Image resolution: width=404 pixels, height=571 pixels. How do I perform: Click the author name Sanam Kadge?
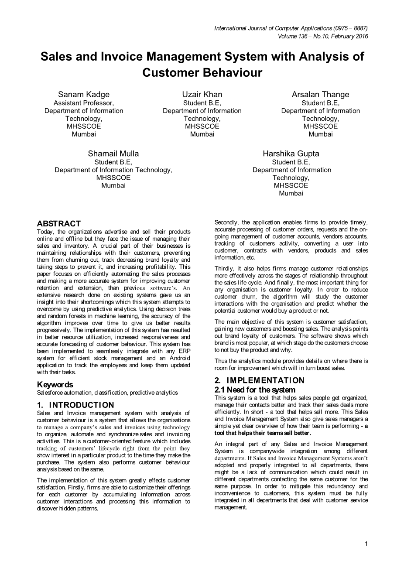[x=84, y=95]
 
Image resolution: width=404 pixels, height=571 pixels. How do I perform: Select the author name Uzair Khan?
[x=202, y=95]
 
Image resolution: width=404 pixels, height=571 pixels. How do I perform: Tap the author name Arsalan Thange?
[x=320, y=95]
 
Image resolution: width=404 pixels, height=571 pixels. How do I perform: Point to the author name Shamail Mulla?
[x=113, y=154]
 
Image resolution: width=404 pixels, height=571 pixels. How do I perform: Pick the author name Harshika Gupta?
[x=291, y=154]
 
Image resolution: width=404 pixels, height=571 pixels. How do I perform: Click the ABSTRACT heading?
[x=59, y=224]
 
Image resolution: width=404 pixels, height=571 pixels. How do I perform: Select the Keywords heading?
[x=55, y=385]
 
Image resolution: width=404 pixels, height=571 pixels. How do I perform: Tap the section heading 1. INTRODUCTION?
[x=75, y=405]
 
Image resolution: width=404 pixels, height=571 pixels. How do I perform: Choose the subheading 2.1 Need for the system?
[x=255, y=390]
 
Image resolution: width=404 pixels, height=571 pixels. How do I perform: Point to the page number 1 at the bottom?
[x=366, y=544]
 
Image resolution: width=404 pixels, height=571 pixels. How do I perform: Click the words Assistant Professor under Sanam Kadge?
[x=84, y=103]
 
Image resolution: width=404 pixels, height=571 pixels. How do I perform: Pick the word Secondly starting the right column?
[x=226, y=222]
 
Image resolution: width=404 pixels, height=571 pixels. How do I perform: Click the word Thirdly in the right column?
[x=225, y=269]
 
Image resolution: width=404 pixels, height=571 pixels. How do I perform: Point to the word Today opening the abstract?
[x=45, y=232]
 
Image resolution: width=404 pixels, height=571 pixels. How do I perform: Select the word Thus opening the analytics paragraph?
[x=221, y=361]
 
